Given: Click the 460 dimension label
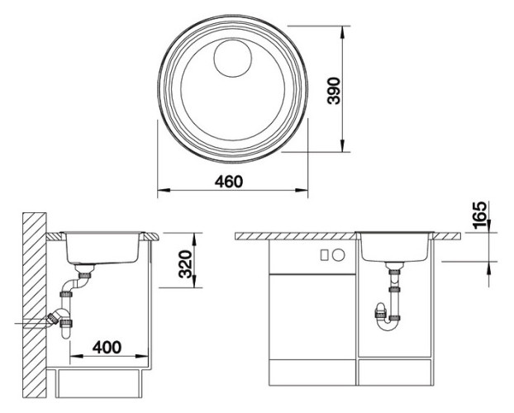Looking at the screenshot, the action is point(229,182).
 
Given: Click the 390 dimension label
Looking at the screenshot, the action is point(334,91).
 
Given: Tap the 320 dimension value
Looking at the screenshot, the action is point(185,264).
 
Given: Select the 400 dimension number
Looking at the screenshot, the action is point(107,347).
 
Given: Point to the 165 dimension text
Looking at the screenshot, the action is point(479,215).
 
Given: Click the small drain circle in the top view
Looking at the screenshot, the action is point(233,59).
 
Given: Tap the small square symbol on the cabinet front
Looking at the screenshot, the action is point(325,255).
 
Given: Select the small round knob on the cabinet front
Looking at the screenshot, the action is point(339,255).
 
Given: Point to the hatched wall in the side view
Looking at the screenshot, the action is point(35,305).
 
